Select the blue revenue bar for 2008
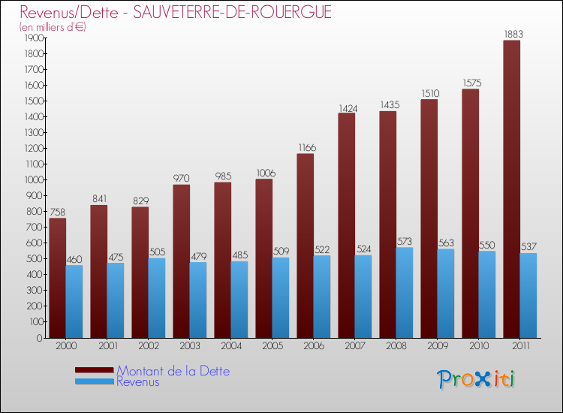coord(404,293)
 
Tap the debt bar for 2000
coord(57,278)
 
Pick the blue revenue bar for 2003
coord(197,300)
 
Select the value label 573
coord(405,241)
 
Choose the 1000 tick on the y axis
coord(32,180)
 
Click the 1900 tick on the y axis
coord(32,38)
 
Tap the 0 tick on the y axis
coord(38,338)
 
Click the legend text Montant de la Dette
coord(173,371)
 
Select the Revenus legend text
coord(138,382)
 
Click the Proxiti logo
coord(477,379)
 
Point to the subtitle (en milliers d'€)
coord(53,27)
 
